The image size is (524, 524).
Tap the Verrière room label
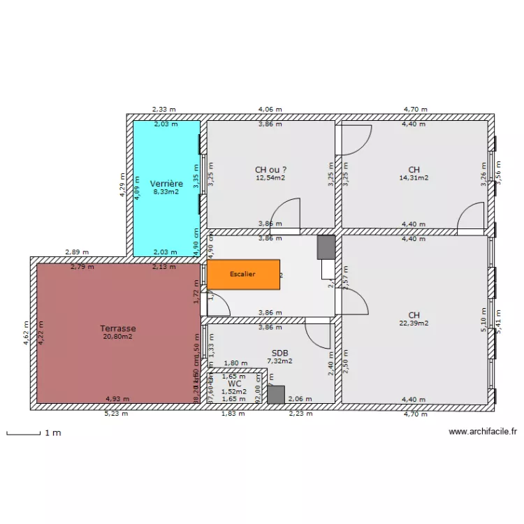click(x=166, y=183)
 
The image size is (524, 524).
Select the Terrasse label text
click(x=117, y=328)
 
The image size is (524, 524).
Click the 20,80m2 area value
click(x=117, y=336)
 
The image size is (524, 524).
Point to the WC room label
click(x=234, y=384)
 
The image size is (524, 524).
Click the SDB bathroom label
click(x=279, y=353)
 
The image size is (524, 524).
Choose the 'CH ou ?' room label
click(x=270, y=169)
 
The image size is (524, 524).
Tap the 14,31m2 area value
click(x=414, y=177)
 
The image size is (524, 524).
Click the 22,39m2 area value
click(x=414, y=323)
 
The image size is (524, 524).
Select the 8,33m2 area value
click(x=166, y=191)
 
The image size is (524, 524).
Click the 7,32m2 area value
click(x=279, y=361)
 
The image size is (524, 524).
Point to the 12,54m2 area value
click(x=270, y=177)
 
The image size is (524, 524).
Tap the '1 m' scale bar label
click(x=52, y=433)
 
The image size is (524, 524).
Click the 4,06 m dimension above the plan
click(x=270, y=110)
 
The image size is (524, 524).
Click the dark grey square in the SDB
click(x=277, y=395)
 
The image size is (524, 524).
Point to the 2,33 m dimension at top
click(x=164, y=110)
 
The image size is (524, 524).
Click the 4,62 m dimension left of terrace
click(x=26, y=331)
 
